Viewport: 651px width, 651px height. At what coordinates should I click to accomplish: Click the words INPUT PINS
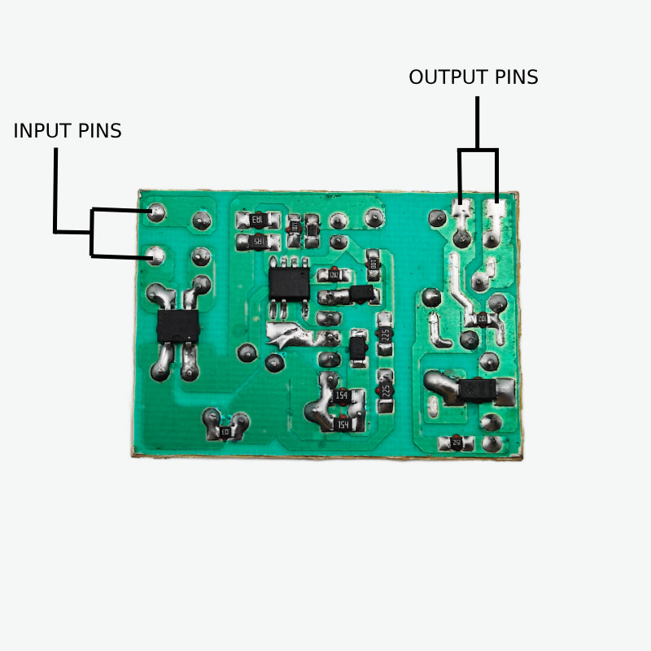tap(68, 130)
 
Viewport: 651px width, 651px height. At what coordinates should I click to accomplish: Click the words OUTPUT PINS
tap(473, 77)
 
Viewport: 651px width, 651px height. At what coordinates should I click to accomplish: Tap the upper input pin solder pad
tap(156, 213)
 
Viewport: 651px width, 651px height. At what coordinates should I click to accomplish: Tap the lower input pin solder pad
tap(156, 257)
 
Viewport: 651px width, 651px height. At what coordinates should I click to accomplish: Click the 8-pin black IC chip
tap(289, 282)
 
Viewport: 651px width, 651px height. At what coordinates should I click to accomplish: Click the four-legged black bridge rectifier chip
tap(178, 326)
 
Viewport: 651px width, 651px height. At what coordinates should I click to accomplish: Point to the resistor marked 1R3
tap(256, 219)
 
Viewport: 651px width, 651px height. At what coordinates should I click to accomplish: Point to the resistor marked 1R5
tap(256, 242)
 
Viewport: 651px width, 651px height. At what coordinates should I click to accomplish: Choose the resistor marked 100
tap(373, 263)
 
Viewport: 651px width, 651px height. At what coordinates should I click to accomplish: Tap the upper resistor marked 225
tap(386, 334)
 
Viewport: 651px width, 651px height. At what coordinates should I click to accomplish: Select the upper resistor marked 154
tap(343, 396)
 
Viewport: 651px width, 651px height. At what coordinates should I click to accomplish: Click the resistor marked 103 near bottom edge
tap(225, 431)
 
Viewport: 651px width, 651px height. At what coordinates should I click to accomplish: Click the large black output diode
tap(472, 391)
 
